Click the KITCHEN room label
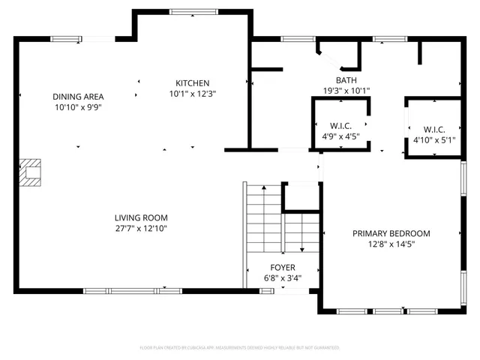192,83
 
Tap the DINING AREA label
78,97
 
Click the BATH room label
346,79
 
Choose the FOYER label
283,268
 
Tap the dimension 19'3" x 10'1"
346,90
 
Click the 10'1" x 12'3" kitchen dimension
192,94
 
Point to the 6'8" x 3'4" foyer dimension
283,277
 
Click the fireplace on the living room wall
31,172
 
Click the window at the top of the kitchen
192,12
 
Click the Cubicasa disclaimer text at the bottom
240,348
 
